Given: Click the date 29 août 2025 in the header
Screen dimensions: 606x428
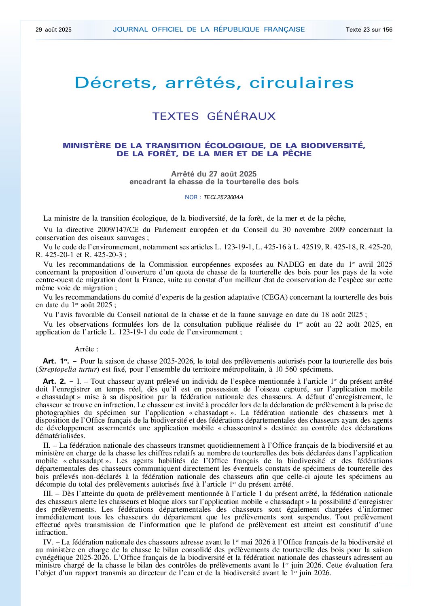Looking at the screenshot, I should point(53,30).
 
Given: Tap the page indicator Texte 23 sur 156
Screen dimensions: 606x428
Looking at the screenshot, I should point(369,30).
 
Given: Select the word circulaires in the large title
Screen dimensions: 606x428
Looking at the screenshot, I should point(301,83).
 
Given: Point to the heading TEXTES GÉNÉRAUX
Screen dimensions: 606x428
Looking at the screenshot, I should point(214,116).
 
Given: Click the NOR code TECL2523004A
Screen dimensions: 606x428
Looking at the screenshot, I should point(223,198).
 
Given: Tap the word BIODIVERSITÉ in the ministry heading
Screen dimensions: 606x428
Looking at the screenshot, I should point(333,146).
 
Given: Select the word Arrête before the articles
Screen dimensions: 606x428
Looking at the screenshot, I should point(84,349).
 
